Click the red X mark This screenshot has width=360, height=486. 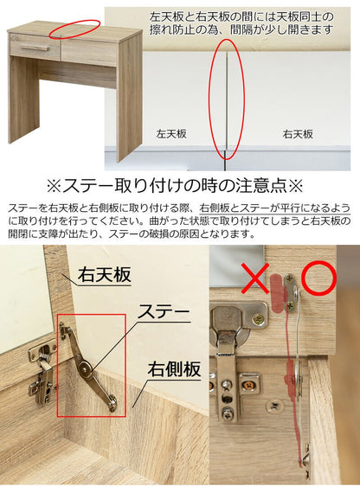point(254,278)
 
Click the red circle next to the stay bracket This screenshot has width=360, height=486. point(318,278)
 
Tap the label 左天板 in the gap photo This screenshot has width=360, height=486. point(171,134)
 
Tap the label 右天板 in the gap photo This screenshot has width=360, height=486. point(298,134)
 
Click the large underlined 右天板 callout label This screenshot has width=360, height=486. point(105,275)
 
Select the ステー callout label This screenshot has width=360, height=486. point(164,312)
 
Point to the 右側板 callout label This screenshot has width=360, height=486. point(174,369)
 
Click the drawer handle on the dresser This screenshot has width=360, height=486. point(34,47)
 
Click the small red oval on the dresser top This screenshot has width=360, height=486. point(75,29)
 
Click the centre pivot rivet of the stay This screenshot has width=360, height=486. point(84,368)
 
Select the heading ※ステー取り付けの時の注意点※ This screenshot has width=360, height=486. point(175,186)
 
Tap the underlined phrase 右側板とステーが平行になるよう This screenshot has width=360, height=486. point(275,208)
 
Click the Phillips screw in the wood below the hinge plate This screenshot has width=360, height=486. point(273,406)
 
